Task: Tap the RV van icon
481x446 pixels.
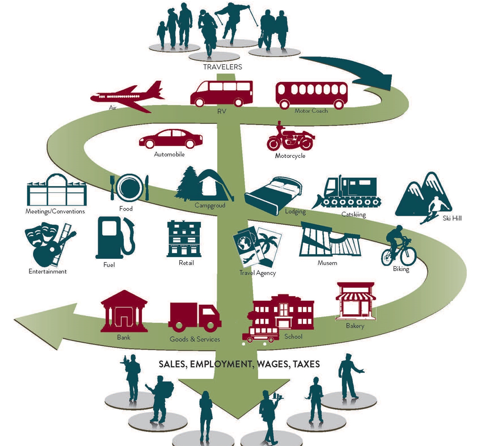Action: point(221,94)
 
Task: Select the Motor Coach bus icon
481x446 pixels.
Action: point(311,95)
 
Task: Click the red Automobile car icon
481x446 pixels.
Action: point(171,139)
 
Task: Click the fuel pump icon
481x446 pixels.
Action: point(114,238)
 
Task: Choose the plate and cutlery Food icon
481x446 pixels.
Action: point(130,187)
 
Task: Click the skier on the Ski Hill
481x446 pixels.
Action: point(434,210)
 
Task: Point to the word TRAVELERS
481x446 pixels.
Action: point(223,67)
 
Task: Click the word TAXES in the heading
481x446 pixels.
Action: point(306,364)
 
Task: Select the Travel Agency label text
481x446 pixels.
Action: point(258,273)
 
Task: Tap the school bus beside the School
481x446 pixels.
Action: point(260,335)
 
